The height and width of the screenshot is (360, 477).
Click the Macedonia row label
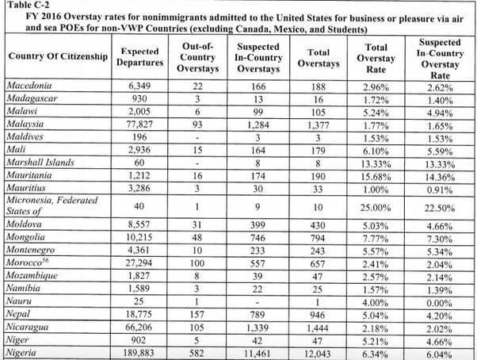click(x=29, y=85)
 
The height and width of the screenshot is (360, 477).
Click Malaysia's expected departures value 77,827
click(x=138, y=124)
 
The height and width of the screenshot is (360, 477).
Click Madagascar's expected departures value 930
click(x=138, y=98)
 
